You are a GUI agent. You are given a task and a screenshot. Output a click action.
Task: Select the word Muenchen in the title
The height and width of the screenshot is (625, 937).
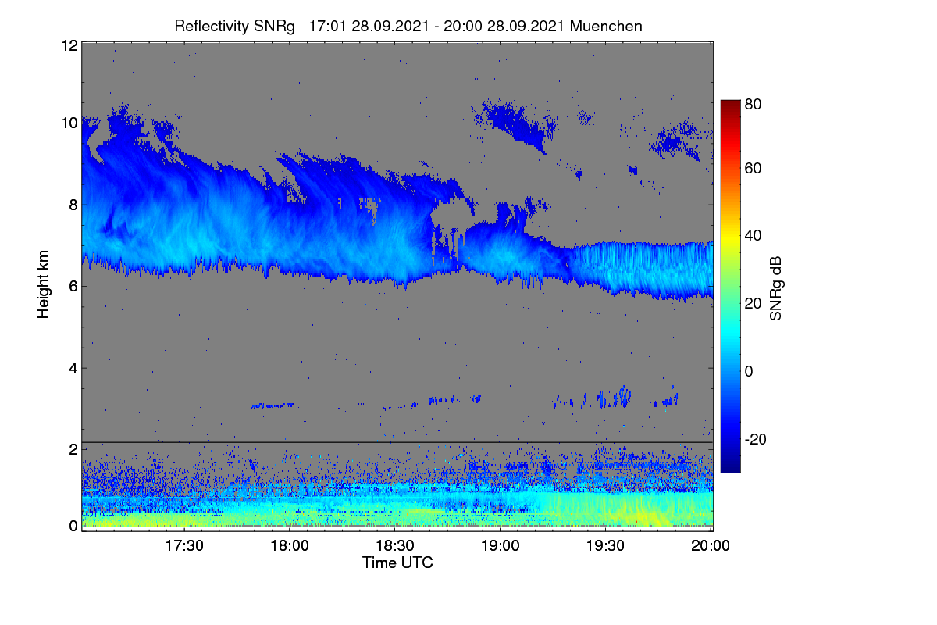606,27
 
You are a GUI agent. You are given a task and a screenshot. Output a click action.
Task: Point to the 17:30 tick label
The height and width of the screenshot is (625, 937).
184,545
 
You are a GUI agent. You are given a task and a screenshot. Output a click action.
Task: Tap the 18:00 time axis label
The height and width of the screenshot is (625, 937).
290,545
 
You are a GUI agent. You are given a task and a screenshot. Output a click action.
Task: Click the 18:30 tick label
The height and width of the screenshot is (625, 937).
395,545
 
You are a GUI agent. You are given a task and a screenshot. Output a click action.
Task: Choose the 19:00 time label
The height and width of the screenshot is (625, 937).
500,545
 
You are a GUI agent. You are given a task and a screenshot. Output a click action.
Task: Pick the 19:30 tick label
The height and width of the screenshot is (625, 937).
605,545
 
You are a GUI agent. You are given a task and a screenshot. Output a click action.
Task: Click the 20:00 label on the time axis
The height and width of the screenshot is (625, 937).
711,545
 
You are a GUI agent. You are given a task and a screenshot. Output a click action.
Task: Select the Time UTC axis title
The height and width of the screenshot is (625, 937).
397,562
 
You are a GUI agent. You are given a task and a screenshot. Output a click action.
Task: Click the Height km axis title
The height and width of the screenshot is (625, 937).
43,284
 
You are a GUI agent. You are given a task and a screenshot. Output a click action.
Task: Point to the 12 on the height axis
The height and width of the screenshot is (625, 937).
69,45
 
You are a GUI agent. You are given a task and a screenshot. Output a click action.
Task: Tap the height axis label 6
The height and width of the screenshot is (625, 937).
73,287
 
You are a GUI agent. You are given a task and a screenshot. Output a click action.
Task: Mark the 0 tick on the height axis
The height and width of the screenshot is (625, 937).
73,527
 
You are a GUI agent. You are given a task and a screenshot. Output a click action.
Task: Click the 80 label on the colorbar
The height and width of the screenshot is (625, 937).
753,104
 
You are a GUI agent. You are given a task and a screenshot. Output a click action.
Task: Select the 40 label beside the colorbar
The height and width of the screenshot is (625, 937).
753,236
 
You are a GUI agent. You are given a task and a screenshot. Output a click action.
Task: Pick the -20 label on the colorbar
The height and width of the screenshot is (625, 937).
756,439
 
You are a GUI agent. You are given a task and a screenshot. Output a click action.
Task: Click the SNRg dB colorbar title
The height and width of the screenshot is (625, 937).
776,288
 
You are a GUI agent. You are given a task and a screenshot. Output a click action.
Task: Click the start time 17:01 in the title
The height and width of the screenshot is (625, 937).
327,27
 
